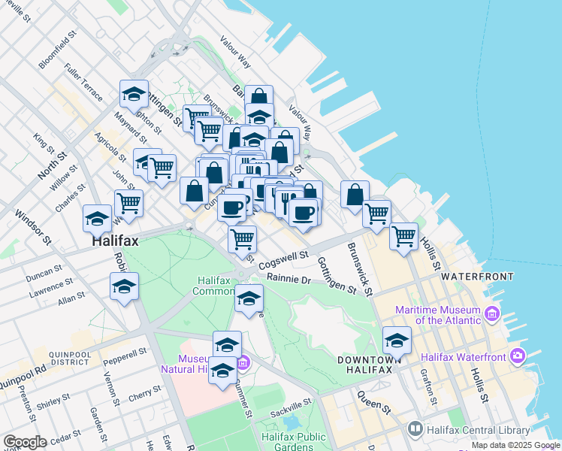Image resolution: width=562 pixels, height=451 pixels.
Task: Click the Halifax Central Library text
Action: [473, 429]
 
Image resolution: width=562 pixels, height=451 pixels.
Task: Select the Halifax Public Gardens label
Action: [294, 442]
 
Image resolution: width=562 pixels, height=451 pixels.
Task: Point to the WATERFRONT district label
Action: [477, 277]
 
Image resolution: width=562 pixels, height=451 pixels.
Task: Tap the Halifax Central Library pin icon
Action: [415, 429]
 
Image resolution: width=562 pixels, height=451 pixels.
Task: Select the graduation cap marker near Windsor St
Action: [97, 219]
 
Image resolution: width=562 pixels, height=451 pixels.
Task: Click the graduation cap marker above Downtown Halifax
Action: [397, 341]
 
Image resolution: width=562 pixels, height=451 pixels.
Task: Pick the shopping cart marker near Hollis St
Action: [404, 236]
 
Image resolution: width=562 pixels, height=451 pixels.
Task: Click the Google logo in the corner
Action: [25, 442]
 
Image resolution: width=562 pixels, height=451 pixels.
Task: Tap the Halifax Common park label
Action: [218, 286]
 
